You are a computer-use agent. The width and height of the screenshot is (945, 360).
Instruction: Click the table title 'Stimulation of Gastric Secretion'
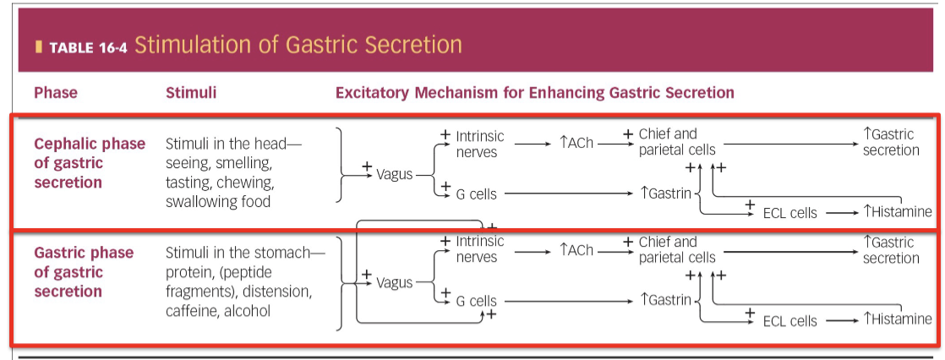click(x=298, y=45)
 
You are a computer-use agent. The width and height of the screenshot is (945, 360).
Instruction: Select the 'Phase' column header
click(x=56, y=92)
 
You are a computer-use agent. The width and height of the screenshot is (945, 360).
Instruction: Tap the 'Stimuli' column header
click(x=191, y=92)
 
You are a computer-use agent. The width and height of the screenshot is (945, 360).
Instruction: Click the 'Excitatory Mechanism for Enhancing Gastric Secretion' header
click(x=534, y=92)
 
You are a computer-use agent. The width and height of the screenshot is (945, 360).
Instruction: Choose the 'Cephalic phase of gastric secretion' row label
click(x=90, y=163)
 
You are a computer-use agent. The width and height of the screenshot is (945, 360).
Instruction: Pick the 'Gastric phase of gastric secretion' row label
click(x=84, y=272)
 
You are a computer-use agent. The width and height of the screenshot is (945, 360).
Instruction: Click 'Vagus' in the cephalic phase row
click(x=395, y=174)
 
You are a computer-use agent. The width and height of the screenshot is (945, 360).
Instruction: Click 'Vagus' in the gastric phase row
click(x=395, y=282)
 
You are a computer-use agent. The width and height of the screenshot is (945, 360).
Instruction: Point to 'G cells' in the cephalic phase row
click(x=476, y=194)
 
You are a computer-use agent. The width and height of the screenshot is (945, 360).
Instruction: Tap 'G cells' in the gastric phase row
click(x=476, y=302)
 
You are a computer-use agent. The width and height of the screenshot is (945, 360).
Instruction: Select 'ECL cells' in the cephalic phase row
click(x=789, y=213)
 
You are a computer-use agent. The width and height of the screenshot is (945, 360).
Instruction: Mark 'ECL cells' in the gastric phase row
click(x=789, y=321)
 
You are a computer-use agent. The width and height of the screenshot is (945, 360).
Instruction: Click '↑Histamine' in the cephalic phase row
click(x=898, y=212)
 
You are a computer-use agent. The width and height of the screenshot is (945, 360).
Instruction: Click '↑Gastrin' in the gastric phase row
click(x=666, y=300)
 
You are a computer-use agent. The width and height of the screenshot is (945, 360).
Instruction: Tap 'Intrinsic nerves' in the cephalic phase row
click(x=479, y=144)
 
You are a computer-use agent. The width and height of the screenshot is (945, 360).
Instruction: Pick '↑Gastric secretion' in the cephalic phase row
click(x=891, y=142)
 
